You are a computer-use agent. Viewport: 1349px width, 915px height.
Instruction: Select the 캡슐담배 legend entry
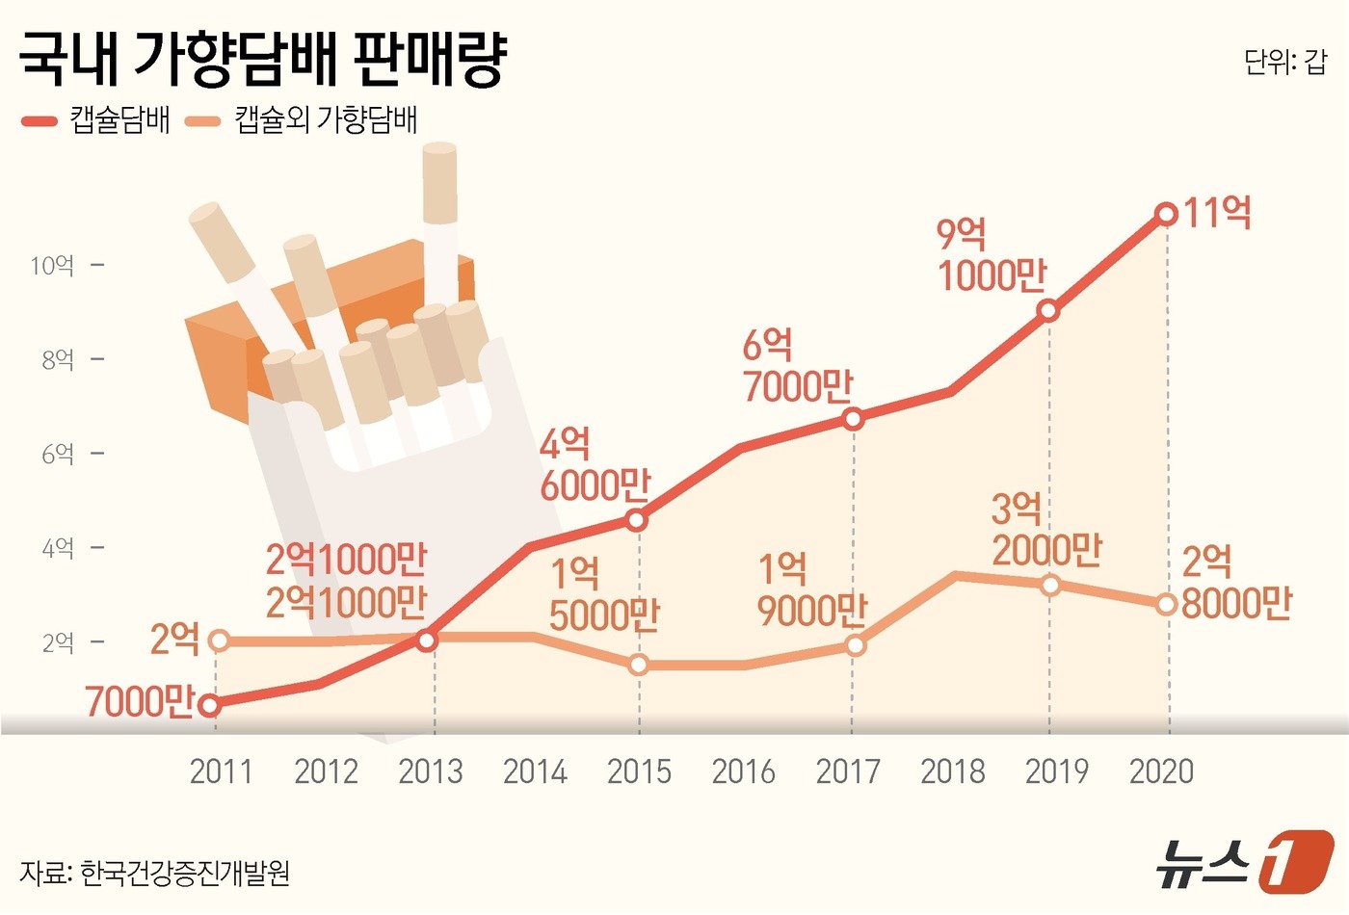pyautogui.click(x=96, y=120)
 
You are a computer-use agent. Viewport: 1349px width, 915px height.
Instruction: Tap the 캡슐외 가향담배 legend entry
pyautogui.click(x=303, y=120)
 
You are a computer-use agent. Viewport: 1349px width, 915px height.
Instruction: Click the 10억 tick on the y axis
pyautogui.click(x=53, y=265)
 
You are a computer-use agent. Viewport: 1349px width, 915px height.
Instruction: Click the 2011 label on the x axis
pyautogui.click(x=221, y=771)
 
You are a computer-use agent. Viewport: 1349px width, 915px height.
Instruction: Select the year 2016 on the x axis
pyautogui.click(x=743, y=771)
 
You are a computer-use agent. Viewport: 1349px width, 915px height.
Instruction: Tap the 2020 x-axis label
pyautogui.click(x=1161, y=771)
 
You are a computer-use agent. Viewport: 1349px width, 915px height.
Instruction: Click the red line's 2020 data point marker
pyautogui.click(x=1166, y=214)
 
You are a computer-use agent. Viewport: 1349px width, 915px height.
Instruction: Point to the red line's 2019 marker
pyautogui.click(x=1049, y=311)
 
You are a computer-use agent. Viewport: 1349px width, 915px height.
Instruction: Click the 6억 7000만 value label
pyautogui.click(x=797, y=367)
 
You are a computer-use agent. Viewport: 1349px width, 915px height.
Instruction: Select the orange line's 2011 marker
pyautogui.click(x=219, y=640)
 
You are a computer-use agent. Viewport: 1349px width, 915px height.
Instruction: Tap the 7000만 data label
pyautogui.click(x=140, y=702)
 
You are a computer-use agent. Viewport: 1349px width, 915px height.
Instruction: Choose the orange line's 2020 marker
pyautogui.click(x=1166, y=604)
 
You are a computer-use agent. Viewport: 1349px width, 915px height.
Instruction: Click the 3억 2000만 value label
pyautogui.click(x=1046, y=530)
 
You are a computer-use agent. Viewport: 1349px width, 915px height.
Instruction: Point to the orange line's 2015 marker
pyautogui.click(x=638, y=665)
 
